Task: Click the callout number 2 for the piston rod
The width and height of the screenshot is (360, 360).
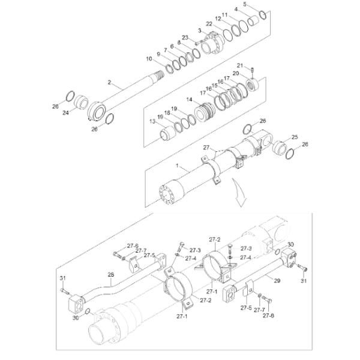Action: [x=109, y=82]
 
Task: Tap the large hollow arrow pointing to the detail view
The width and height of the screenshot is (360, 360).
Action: [x=242, y=194]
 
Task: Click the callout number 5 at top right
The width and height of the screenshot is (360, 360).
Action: [x=261, y=4]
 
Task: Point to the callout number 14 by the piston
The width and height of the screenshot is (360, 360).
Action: [x=190, y=100]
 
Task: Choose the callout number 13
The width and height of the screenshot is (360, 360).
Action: [x=152, y=121]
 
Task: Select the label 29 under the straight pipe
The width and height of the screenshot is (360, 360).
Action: [x=277, y=280]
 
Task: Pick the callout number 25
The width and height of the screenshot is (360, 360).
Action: [x=294, y=137]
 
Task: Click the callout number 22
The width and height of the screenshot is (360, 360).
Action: [x=209, y=23]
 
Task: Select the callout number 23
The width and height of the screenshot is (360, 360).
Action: [x=185, y=38]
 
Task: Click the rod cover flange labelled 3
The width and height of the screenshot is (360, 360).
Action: [x=211, y=44]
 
